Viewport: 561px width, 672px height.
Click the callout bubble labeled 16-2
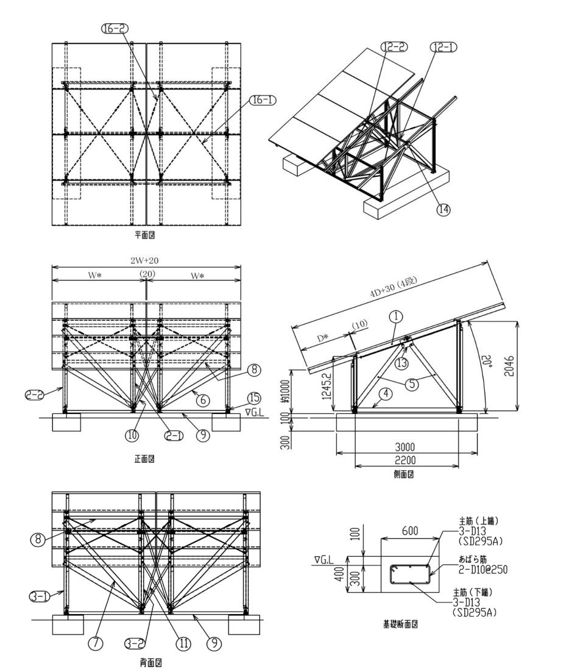click(115, 29)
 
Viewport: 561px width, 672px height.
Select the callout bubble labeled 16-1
click(263, 100)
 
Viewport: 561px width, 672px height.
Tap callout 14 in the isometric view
click(443, 209)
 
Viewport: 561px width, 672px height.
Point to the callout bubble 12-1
click(443, 47)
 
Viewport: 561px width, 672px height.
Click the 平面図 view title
click(145, 235)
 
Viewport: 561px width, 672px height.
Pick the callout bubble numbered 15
click(255, 398)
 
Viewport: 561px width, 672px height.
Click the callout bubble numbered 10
click(132, 435)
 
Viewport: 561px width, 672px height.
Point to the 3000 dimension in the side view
click(404, 447)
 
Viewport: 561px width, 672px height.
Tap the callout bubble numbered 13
click(401, 363)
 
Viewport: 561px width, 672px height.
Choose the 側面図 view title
click(404, 474)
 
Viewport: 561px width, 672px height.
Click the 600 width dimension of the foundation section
click(410, 531)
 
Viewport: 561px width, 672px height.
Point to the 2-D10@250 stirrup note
click(484, 570)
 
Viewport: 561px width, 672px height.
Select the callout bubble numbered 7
click(95, 643)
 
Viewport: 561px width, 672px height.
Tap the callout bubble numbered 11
click(183, 643)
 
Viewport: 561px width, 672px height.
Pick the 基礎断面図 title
click(400, 624)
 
